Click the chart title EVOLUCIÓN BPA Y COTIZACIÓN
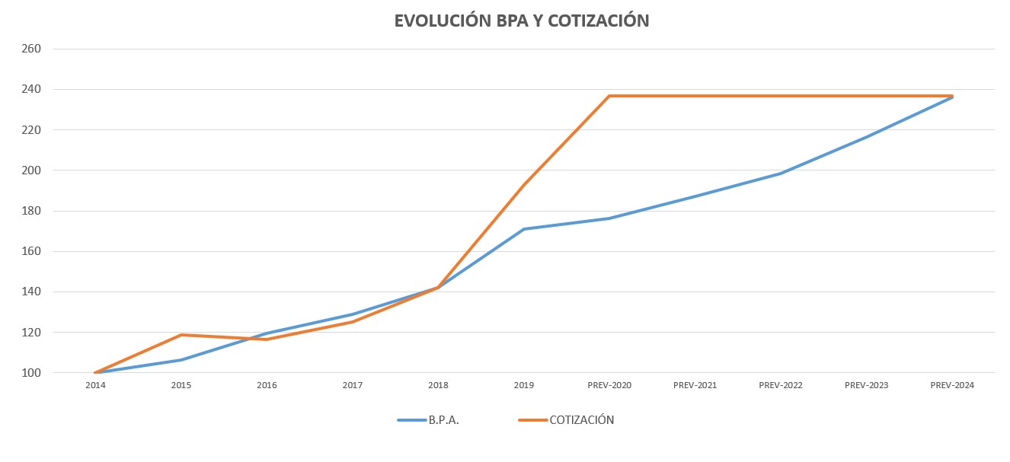pos(521,21)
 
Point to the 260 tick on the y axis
pos(32,49)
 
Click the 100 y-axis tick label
pos(32,373)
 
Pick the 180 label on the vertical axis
pos(32,211)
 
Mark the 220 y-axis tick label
pos(32,129)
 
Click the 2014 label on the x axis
pos(95,386)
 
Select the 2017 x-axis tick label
pos(353,386)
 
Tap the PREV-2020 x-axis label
pos(609,386)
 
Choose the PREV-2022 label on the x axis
pos(781,386)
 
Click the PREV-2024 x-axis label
pos(952,386)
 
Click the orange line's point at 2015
pos(181,335)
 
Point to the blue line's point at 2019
pos(524,229)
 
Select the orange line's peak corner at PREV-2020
pos(609,96)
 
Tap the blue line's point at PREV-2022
pos(781,174)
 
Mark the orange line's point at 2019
pos(524,185)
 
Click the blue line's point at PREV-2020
pos(609,218)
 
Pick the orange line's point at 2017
pos(353,322)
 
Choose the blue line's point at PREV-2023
pos(867,137)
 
